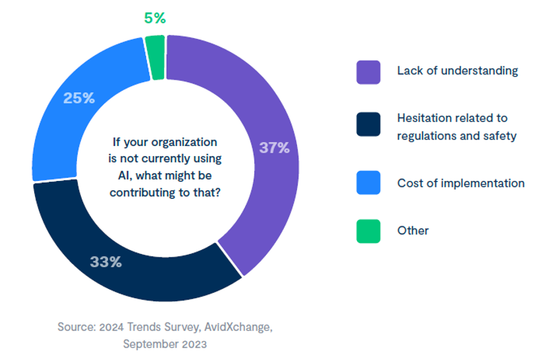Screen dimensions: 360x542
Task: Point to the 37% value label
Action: tap(274, 148)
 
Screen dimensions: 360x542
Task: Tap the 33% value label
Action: tap(106, 262)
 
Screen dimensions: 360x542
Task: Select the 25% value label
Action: tap(79, 99)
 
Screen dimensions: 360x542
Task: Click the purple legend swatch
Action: tap(368, 72)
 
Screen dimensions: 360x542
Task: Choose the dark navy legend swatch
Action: tap(368, 124)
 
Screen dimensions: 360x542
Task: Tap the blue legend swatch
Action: tap(368, 183)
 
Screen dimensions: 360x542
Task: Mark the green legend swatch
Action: tap(368, 231)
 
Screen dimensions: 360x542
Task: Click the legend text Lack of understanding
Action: tap(457, 70)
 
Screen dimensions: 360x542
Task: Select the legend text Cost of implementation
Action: tap(460, 183)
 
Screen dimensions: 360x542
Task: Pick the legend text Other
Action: tap(413, 230)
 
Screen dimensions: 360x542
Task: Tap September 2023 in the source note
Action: tap(165, 344)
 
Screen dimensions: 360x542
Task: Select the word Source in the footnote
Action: tap(75, 326)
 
